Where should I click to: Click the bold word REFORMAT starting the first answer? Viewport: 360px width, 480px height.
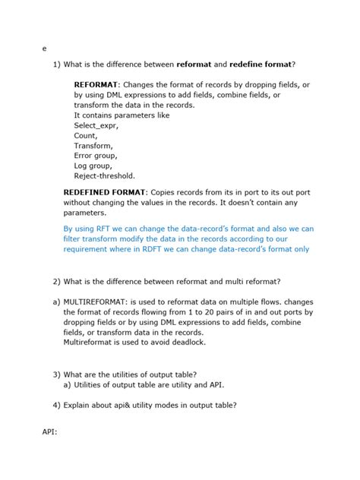pyautogui.click(x=96, y=85)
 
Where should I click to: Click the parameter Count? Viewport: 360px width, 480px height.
pyautogui.click(x=85, y=135)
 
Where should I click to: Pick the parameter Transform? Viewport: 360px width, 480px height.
pyautogui.click(x=93, y=145)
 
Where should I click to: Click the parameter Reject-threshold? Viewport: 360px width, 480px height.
pyautogui.click(x=104, y=175)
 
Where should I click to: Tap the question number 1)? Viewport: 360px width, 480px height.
pyautogui.click(x=58, y=64)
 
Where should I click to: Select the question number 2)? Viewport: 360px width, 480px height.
pyautogui.click(x=58, y=282)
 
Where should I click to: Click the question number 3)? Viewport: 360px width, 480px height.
pyautogui.click(x=58, y=374)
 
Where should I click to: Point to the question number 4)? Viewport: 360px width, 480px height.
pyautogui.click(x=58, y=405)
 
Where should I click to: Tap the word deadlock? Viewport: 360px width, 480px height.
pyautogui.click(x=187, y=342)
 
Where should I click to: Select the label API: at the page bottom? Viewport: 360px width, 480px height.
pyautogui.click(x=50, y=434)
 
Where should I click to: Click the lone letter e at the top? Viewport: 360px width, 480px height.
pyautogui.click(x=45, y=49)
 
